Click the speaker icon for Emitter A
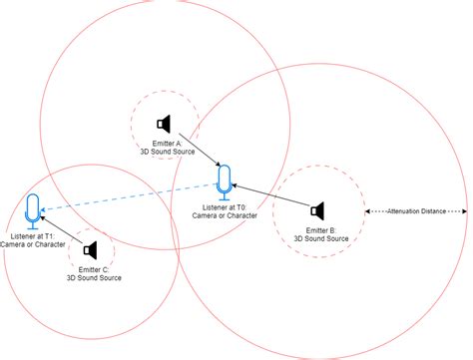166,124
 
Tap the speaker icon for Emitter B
318,210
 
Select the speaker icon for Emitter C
90,248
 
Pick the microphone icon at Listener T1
33,208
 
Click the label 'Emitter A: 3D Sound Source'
166,148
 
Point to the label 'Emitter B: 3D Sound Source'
320,234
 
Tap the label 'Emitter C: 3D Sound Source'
94,273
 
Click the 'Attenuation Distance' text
416,210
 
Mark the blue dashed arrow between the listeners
130,196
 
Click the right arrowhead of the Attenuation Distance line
464,210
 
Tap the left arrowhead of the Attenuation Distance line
369,210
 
